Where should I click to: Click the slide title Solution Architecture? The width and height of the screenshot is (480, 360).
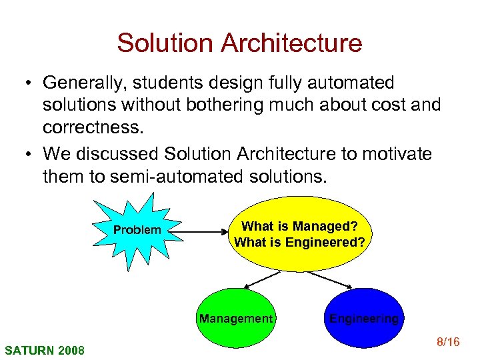click(x=239, y=43)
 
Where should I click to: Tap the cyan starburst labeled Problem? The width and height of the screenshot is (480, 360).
click(x=137, y=230)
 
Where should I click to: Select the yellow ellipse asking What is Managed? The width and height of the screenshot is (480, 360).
click(x=299, y=233)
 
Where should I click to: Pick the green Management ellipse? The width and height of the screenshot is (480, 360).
click(x=235, y=318)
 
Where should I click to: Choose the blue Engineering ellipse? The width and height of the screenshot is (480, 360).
click(x=363, y=318)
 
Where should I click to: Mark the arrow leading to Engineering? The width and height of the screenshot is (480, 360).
click(x=331, y=279)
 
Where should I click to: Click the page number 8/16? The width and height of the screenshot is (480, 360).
click(x=447, y=343)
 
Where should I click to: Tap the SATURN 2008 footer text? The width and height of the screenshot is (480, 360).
click(x=45, y=349)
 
